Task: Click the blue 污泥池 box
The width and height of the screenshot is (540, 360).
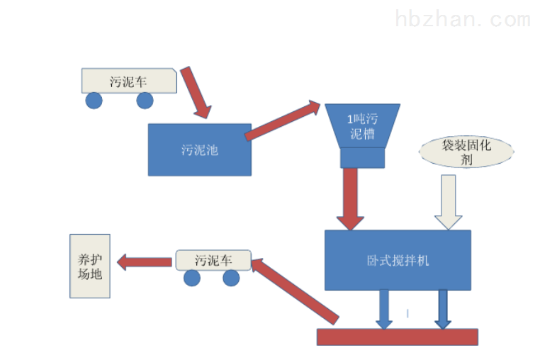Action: click(x=199, y=150)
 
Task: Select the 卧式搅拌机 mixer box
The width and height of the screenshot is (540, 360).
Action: click(x=397, y=259)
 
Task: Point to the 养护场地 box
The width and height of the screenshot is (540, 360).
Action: click(x=90, y=266)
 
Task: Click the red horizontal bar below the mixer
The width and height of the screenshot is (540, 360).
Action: click(x=397, y=337)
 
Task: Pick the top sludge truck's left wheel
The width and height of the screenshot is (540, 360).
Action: click(x=94, y=100)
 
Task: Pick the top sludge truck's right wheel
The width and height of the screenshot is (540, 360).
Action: click(x=145, y=100)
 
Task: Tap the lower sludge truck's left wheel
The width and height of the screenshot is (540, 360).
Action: click(x=192, y=278)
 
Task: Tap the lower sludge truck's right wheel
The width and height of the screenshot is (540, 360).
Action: click(x=231, y=278)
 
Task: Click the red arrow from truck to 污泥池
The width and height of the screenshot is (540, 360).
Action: click(x=196, y=92)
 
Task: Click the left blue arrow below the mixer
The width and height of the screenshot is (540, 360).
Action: click(x=383, y=309)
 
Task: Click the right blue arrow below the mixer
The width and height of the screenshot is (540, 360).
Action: click(x=443, y=309)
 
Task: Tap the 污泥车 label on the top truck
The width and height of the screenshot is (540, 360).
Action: click(x=128, y=80)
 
